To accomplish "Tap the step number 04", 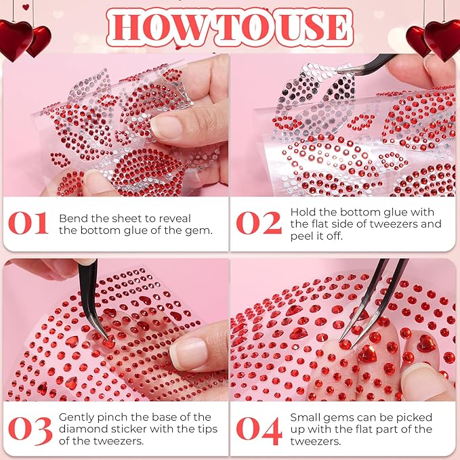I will click(259, 430).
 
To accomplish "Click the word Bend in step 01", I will click(72, 218).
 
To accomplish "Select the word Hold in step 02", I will click(304, 211).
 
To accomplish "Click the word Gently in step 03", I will click(77, 417).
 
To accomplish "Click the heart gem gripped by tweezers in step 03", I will click(107, 341).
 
